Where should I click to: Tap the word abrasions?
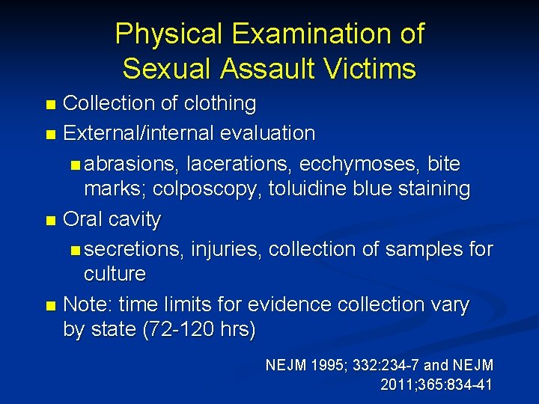pos(137,163)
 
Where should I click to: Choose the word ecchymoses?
pos(363,163)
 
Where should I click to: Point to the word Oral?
pos(83,220)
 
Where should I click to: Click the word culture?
pos(115,274)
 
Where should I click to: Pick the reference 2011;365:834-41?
pos(436,385)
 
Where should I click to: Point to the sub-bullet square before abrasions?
pos(74,165)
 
